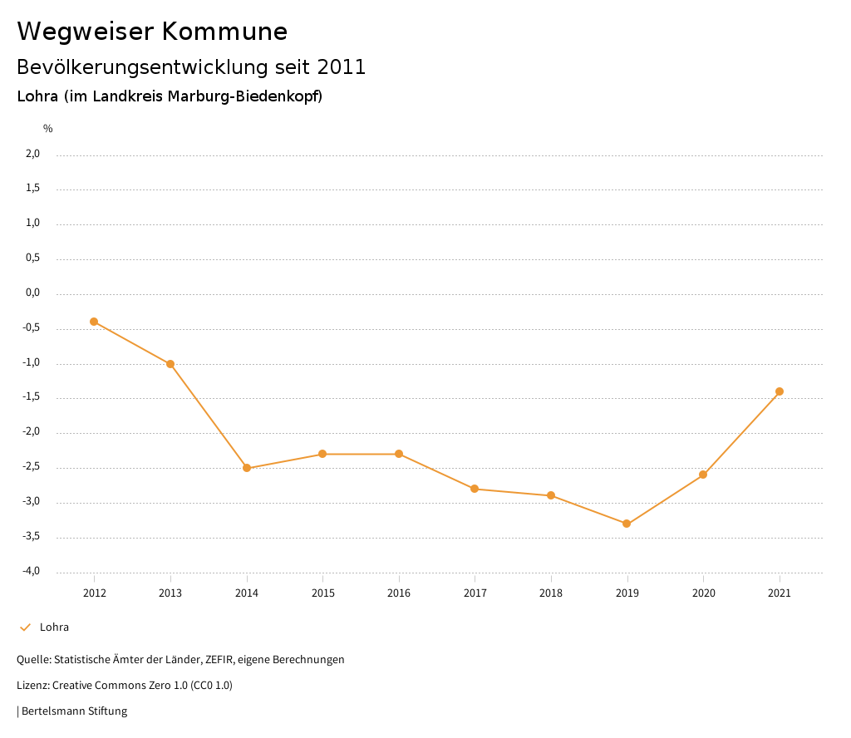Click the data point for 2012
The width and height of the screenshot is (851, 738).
94,322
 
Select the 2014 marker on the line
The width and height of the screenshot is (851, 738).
247,468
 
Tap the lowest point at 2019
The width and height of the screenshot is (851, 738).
627,524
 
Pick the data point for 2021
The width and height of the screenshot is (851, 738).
780,391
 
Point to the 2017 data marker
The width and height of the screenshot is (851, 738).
475,489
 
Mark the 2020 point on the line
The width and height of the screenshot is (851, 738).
703,475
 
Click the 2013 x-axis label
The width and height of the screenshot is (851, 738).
170,593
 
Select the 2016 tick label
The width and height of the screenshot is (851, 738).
399,593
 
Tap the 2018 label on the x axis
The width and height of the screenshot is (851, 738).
551,593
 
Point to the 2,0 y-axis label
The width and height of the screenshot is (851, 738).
32,154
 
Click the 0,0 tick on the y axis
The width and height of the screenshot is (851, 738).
32,293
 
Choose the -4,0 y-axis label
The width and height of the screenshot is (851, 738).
31,571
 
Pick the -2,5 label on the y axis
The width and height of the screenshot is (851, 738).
31,467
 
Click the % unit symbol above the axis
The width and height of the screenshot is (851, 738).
48,129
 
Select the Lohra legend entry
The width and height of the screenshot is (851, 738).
54,627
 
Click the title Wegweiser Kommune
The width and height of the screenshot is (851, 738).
152,32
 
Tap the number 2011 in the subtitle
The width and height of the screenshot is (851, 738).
342,67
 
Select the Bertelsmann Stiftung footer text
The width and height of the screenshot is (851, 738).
74,711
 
